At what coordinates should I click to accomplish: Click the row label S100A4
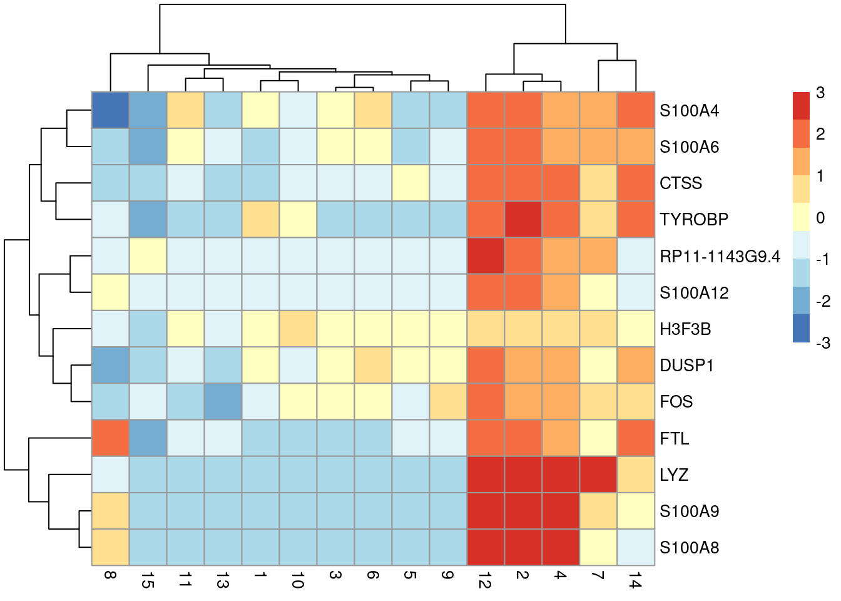[689, 111]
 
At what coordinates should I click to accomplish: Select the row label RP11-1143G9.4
[720, 256]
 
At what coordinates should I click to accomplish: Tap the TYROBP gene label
[694, 220]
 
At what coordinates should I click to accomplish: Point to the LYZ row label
[674, 475]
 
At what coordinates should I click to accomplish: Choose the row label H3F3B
[685, 329]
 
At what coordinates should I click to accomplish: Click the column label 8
[110, 575]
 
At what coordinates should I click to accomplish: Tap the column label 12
[486, 582]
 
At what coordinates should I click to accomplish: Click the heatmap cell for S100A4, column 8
[110, 110]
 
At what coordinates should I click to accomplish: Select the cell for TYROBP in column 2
[523, 219]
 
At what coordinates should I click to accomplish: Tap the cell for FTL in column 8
[110, 438]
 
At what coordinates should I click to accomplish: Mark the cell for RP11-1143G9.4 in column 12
[486, 255]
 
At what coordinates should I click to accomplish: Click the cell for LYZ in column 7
[598, 474]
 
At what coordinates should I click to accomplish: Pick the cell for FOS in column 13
[223, 401]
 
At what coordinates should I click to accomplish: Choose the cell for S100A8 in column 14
[636, 547]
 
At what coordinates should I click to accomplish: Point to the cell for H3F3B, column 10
[298, 329]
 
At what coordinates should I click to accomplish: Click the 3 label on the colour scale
[820, 93]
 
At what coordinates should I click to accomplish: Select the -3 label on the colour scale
[823, 342]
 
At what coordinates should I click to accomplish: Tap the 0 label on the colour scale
[820, 218]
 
